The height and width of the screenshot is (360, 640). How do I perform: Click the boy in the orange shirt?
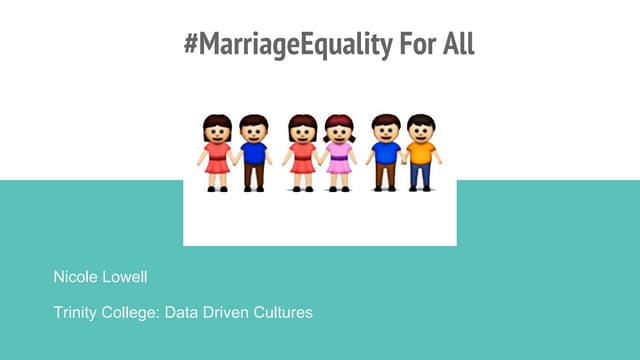click(421, 152)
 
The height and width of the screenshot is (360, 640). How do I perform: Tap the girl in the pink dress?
click(339, 152)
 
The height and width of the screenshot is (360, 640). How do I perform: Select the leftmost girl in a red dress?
click(217, 152)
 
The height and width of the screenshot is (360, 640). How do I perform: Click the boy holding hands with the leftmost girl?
click(253, 152)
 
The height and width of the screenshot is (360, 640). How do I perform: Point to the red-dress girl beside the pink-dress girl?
click(302, 152)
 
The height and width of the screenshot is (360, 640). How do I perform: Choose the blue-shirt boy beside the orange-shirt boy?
click(385, 152)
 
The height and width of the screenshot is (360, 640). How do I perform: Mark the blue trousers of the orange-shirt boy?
click(421, 175)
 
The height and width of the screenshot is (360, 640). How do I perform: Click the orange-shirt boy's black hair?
click(421, 120)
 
